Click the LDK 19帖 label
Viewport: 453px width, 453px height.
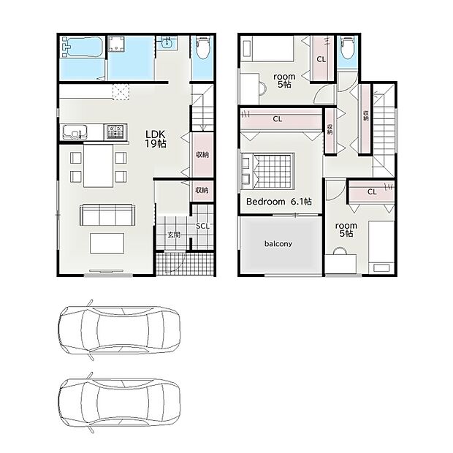[156, 139]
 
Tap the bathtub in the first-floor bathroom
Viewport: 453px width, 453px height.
[83, 47]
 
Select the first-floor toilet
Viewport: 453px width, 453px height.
[202, 48]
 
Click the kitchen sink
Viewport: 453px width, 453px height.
[75, 132]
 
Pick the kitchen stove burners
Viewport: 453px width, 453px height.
[115, 132]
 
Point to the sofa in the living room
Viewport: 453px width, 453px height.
[107, 215]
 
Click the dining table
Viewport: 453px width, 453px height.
[98, 166]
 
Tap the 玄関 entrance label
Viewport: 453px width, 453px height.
[174, 235]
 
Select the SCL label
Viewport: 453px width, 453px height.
[202, 226]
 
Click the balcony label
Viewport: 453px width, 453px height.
[278, 244]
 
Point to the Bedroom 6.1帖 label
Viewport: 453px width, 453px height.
[279, 202]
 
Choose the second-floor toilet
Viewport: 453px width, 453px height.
[347, 48]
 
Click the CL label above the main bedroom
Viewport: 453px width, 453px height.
[278, 119]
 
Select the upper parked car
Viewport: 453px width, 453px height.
[119, 330]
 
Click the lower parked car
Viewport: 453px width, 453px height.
[119, 403]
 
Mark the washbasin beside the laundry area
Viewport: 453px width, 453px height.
[167, 43]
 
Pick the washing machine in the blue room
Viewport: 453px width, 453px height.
[116, 44]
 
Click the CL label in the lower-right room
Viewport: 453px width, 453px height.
[372, 191]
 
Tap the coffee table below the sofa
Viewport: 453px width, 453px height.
[107, 243]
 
